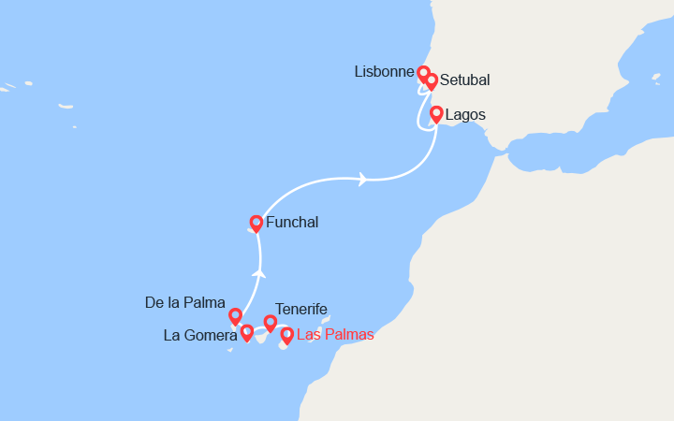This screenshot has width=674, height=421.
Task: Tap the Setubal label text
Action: click(464, 80)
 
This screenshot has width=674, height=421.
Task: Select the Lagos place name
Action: click(465, 115)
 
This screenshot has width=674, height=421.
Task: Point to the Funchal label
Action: click(292, 223)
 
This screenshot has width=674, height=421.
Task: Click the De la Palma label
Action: click(185, 303)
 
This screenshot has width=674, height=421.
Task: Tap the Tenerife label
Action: click(301, 310)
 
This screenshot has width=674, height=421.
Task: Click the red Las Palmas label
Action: click(335, 335)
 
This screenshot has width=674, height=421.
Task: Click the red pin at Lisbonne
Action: click(423, 73)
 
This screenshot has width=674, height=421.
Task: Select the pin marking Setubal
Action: click(432, 81)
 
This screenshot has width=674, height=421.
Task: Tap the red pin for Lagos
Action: click(436, 114)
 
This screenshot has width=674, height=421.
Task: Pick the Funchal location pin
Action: click(256, 223)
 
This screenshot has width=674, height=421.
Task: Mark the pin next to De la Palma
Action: click(235, 316)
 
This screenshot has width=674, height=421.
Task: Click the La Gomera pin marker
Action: click(246, 332)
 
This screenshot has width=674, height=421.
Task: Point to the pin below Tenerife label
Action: click(271, 323)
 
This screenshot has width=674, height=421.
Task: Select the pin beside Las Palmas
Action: click(286, 335)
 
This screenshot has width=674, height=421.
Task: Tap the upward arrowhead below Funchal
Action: click(258, 273)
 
